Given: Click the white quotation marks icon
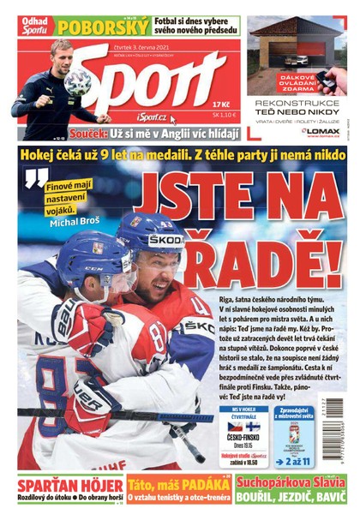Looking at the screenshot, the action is pyautogui.click(x=35, y=178).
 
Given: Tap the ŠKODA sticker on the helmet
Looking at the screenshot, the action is pyautogui.click(x=166, y=241).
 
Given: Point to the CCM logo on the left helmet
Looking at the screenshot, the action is pyautogui.click(x=94, y=267).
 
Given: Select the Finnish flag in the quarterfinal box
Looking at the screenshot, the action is pyautogui.click(x=253, y=426).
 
